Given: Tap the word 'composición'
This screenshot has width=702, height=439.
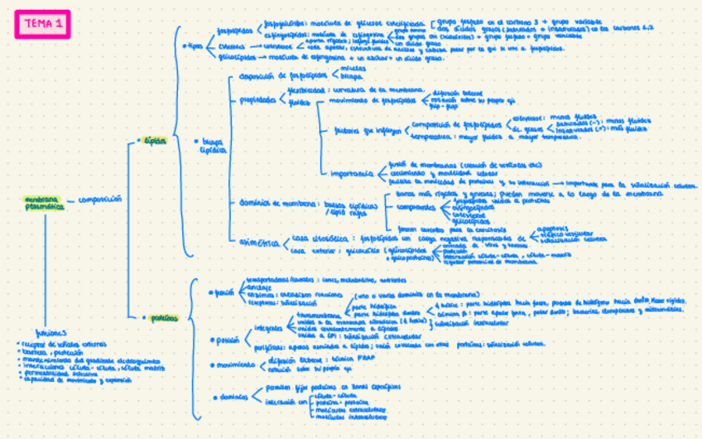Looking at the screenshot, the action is coord(100,200).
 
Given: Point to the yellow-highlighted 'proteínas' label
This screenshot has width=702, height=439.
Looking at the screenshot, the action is coord(165,317).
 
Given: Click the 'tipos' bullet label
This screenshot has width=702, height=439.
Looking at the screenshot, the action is coord(195,46).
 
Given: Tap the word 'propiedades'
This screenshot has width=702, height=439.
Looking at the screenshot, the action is coord(258,99).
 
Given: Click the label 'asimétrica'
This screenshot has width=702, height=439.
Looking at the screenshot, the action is coord(257,241).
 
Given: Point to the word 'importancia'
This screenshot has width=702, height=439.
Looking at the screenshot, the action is coord(350,173).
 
